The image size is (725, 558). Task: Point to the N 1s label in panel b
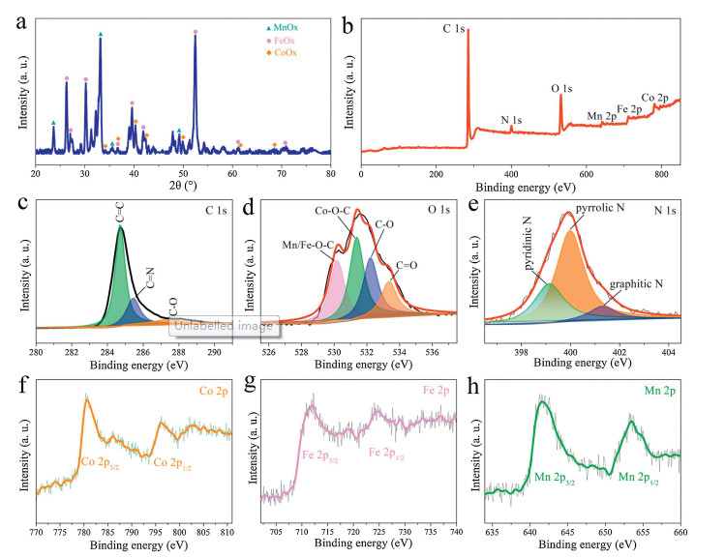click(x=511, y=121)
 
